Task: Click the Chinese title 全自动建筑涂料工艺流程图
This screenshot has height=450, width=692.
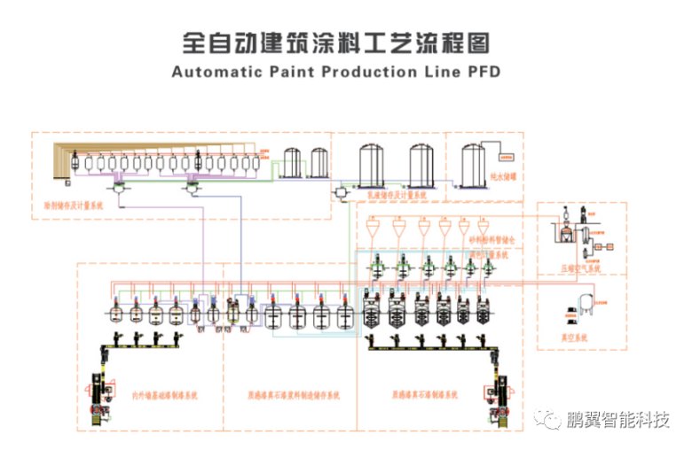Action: (336, 41)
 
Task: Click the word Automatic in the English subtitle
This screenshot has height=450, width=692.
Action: (212, 71)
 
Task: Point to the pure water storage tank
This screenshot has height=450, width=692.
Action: (474, 165)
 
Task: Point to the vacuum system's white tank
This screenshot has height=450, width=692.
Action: (583, 303)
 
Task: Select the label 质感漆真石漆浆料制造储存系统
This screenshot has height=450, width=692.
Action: (292, 395)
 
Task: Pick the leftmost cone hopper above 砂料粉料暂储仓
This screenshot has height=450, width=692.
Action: (374, 229)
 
